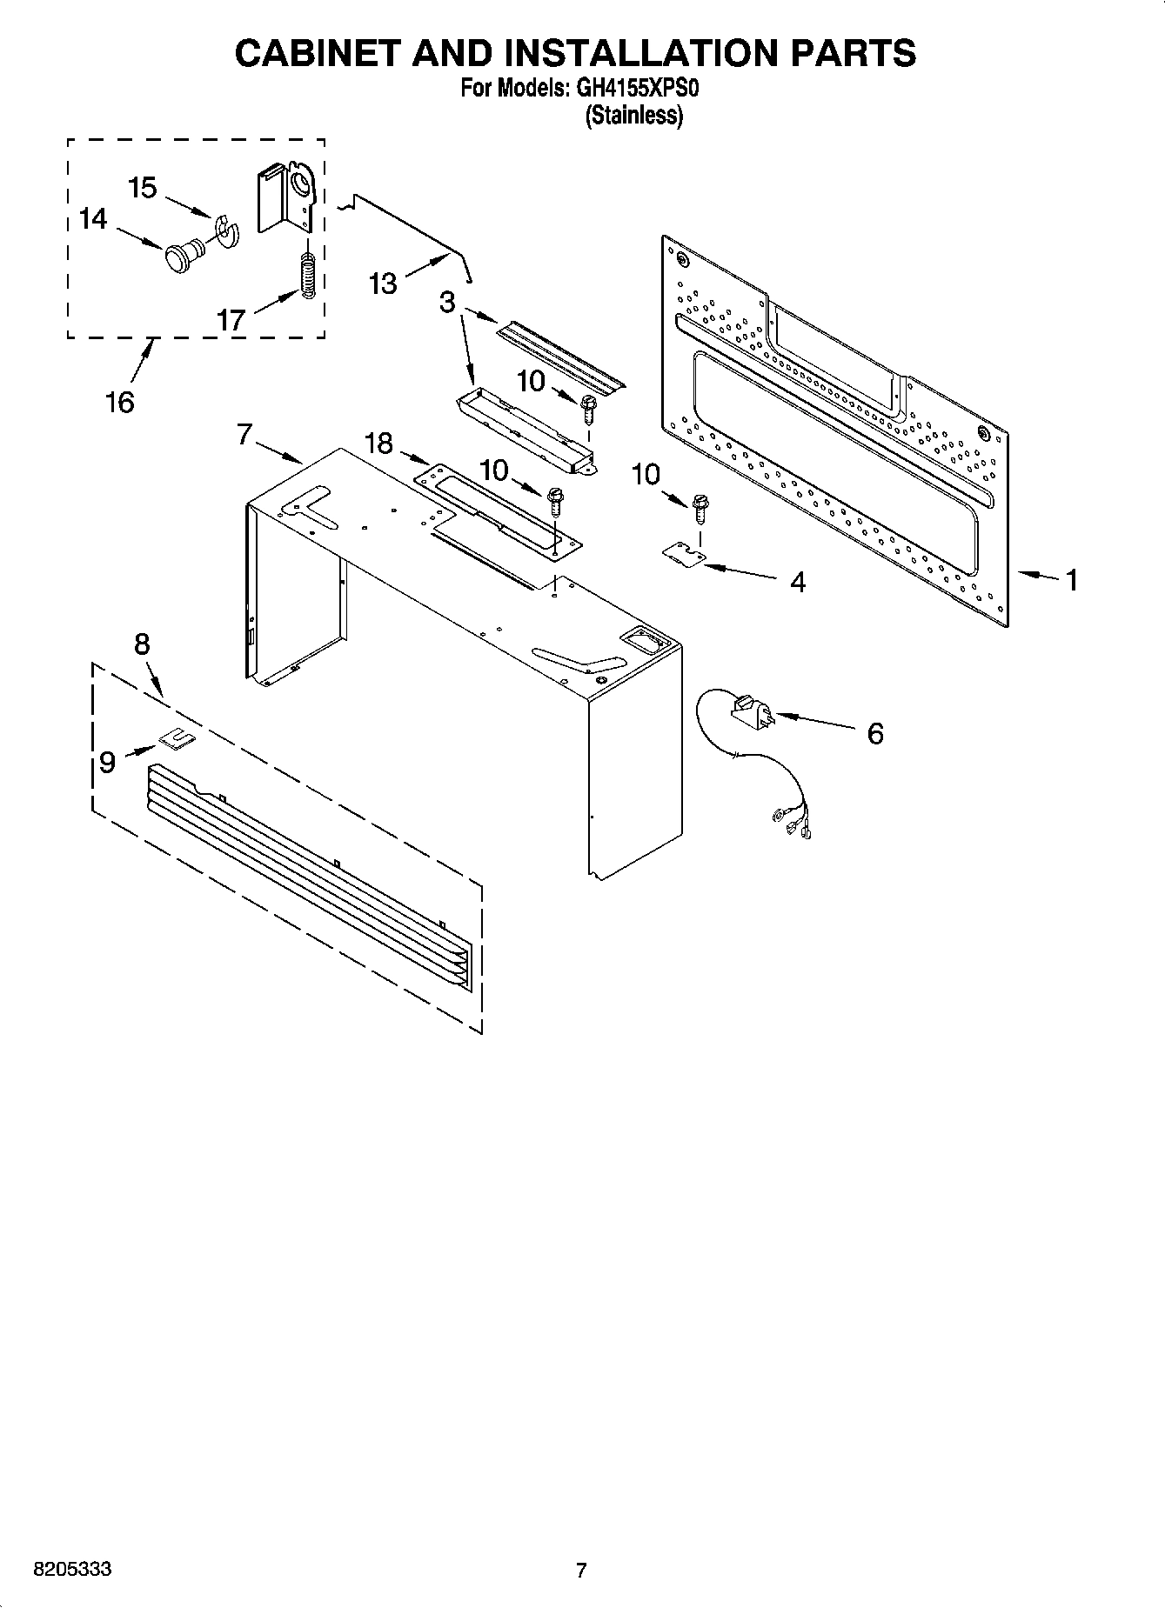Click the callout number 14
pos(92,218)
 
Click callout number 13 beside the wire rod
pos(383,284)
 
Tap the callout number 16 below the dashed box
pos(120,402)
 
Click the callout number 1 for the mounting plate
pos(1072,579)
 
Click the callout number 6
pos(874,733)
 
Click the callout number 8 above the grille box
pos(142,644)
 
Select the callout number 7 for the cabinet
pos(244,434)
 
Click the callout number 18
pos(379,444)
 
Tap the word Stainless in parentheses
pos(634,115)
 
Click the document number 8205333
pos(72,1570)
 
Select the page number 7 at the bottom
pos(581,1571)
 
